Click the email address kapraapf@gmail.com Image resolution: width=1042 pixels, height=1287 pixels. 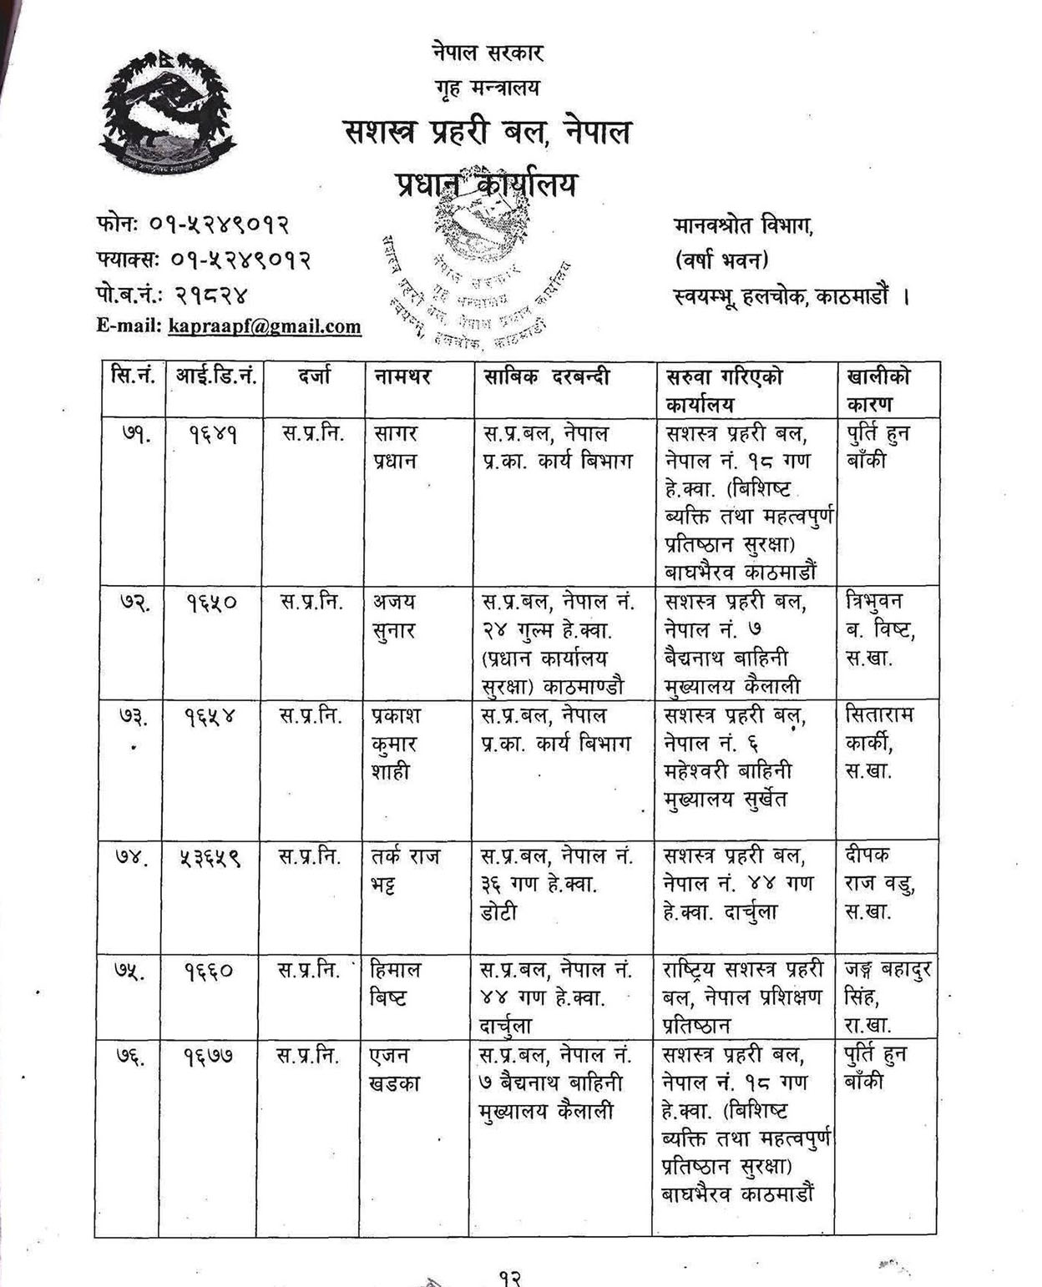264,326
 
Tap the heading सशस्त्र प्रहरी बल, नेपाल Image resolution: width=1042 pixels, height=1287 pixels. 488,133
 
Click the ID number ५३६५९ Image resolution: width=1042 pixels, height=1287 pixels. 210,857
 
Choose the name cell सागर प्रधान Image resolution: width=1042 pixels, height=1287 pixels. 395,447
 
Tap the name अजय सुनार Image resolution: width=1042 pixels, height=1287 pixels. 394,615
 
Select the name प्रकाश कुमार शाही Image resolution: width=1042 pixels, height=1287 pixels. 397,744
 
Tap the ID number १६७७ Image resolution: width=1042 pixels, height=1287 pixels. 210,1057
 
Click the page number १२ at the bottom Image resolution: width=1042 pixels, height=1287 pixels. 510,1277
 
